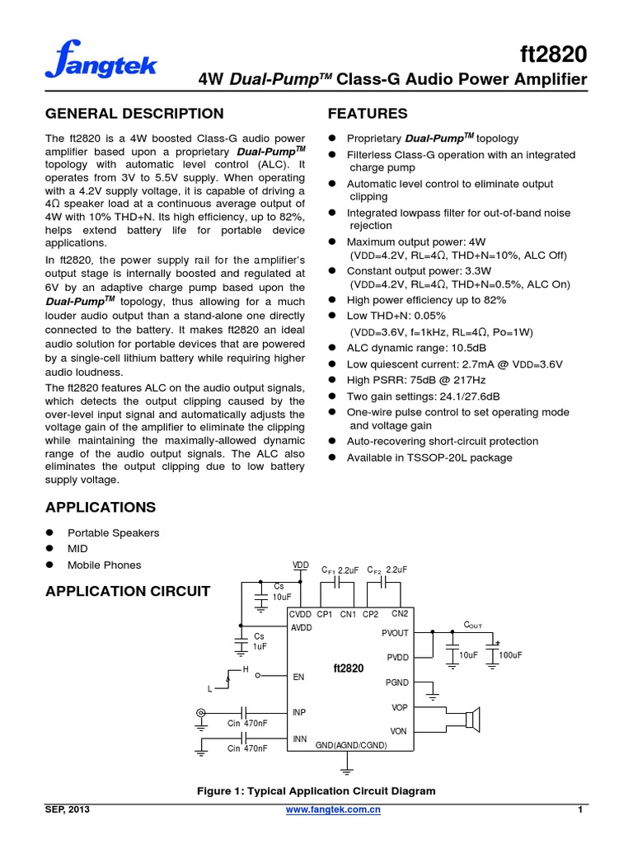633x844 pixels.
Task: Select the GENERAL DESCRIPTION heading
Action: [x=134, y=114]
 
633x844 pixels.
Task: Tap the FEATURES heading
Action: [x=368, y=114]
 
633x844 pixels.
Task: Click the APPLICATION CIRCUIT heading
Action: [x=128, y=591]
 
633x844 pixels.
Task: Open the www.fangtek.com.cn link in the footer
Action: [x=333, y=811]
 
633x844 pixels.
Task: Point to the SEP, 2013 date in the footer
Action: [x=67, y=811]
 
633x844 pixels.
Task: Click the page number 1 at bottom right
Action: [x=580, y=811]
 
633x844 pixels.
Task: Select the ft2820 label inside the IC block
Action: [x=348, y=668]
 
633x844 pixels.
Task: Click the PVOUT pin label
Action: [x=395, y=633]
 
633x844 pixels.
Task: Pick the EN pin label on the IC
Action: [x=298, y=677]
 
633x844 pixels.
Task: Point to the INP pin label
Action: [x=299, y=711]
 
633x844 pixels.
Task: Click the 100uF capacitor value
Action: [x=511, y=654]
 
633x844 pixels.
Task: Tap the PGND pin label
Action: [x=396, y=682]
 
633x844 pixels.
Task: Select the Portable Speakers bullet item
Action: [x=114, y=532]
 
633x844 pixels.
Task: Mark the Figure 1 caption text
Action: [x=316, y=791]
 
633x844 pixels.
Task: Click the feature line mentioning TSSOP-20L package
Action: [x=429, y=457]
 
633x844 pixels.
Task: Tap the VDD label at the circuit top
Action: [x=300, y=565]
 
